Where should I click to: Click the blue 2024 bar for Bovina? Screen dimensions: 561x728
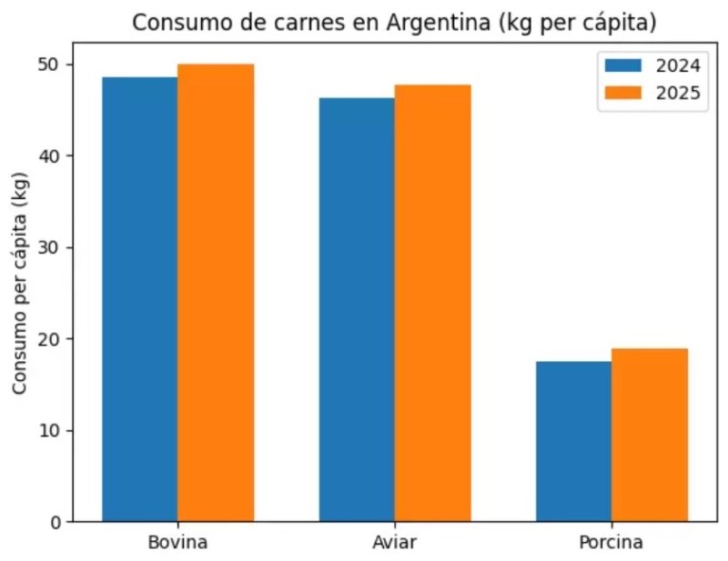coord(139,299)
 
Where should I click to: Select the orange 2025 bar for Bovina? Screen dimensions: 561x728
coord(216,293)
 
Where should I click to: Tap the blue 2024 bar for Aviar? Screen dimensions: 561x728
coord(356,309)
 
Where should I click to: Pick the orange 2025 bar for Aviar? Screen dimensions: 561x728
coord(432,303)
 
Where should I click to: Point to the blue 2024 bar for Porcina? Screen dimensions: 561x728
coord(573,441)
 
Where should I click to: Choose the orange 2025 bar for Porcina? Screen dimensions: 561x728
coord(650,435)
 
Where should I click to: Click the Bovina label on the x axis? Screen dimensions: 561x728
coord(177,543)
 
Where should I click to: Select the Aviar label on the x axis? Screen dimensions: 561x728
coord(395,543)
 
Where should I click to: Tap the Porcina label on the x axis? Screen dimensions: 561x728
coord(611,543)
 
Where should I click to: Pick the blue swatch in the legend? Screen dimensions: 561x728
coord(622,67)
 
